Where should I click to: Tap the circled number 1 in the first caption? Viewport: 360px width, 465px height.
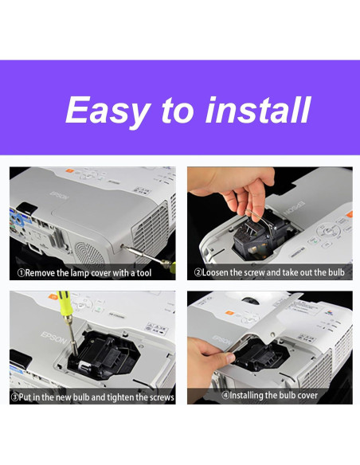tap(21, 273)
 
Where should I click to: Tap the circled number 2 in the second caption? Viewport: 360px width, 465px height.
tap(198, 272)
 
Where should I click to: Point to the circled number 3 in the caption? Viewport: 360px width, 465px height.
tap(14, 397)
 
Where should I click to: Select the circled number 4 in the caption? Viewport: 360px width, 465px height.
tap(225, 395)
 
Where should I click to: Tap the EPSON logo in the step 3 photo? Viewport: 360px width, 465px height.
tap(53, 338)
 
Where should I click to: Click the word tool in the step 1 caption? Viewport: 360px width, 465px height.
tap(144, 273)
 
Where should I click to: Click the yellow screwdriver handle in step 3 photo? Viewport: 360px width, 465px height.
tap(65, 303)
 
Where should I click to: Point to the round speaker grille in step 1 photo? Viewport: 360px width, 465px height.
tap(89, 253)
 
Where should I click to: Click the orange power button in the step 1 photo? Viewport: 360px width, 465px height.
tap(69, 171)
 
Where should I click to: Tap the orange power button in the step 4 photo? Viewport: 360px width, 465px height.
tap(229, 313)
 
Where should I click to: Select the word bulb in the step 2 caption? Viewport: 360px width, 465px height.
tap(336, 272)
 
